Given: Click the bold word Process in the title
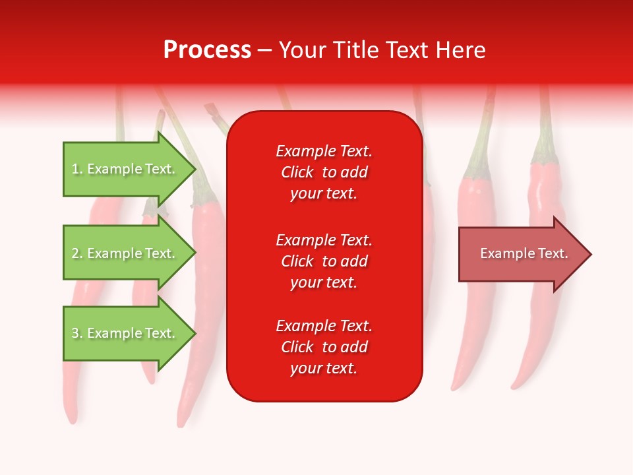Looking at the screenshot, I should click(x=207, y=49).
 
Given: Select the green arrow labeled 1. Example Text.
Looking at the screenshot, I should click(x=125, y=169).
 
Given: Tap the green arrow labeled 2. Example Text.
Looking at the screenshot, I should click(x=125, y=253).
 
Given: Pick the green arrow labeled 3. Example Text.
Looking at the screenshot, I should click(x=125, y=333).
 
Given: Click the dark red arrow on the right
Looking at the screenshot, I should click(x=521, y=254).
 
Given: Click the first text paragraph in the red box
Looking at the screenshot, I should click(x=324, y=172).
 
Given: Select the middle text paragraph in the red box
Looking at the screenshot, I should click(x=324, y=261).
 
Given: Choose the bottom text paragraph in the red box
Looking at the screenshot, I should click(x=324, y=347).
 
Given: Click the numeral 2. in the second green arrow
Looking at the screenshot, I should click(x=77, y=253).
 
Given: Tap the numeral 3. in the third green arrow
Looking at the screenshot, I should click(x=77, y=333).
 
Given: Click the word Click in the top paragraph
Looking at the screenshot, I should click(x=297, y=172).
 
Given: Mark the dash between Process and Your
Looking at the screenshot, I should click(x=264, y=49).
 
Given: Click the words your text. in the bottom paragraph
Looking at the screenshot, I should click(x=324, y=368).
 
